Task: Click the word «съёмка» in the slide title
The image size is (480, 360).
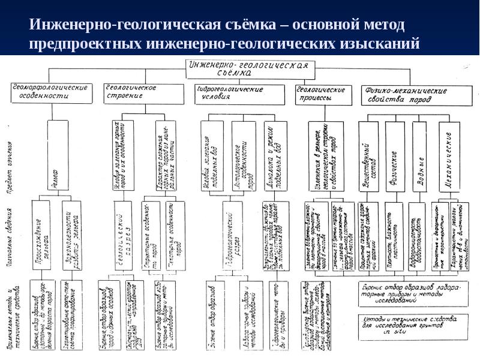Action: (248, 26)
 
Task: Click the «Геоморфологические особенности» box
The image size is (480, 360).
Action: (52, 92)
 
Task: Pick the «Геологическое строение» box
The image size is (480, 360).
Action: (143, 92)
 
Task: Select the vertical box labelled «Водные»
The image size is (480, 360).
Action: (422, 157)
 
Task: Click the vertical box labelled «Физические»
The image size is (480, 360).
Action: (395, 157)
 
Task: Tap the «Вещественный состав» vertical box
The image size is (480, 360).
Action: (368, 157)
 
